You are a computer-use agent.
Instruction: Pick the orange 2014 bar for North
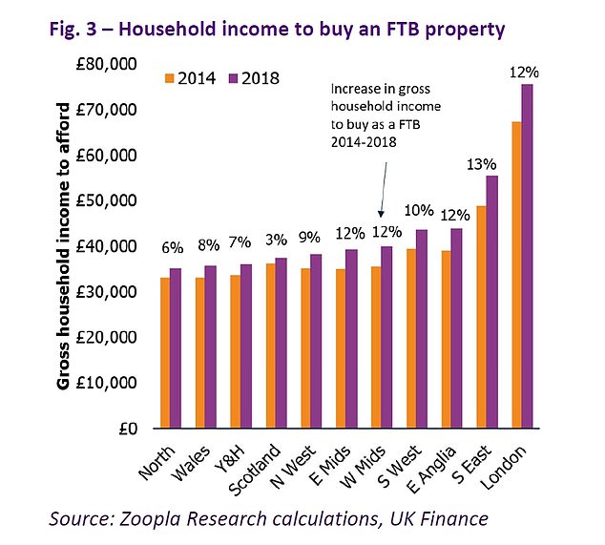[166, 352]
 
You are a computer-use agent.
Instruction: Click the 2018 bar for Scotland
[281, 343]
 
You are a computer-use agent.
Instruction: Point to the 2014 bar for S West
[412, 338]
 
